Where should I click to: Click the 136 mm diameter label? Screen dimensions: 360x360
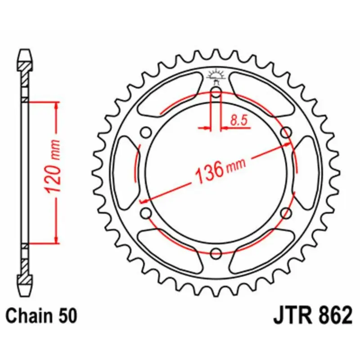219,170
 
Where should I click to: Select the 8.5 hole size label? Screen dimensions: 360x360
239,120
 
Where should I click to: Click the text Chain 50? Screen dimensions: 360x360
42,315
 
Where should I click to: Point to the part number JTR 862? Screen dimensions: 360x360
312,315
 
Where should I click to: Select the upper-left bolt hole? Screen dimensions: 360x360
145,132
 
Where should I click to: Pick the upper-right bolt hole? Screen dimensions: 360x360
286,132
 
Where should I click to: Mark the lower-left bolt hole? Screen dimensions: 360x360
145,212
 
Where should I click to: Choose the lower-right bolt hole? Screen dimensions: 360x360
286,212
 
